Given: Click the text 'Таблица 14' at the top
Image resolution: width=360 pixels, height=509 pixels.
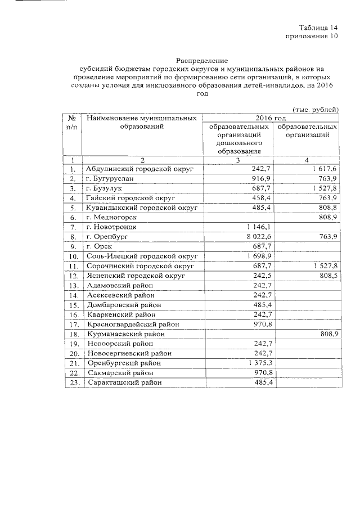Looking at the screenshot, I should (x=318, y=27).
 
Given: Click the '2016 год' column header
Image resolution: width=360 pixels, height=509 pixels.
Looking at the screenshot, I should (x=271, y=118).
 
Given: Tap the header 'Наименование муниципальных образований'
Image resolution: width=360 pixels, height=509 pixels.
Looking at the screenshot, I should (x=141, y=123).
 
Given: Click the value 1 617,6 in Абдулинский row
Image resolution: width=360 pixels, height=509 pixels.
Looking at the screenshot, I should (x=323, y=169).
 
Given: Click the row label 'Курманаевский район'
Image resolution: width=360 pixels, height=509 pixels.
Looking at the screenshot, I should (x=125, y=334).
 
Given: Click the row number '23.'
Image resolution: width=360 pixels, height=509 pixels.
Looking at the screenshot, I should (x=72, y=383).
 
